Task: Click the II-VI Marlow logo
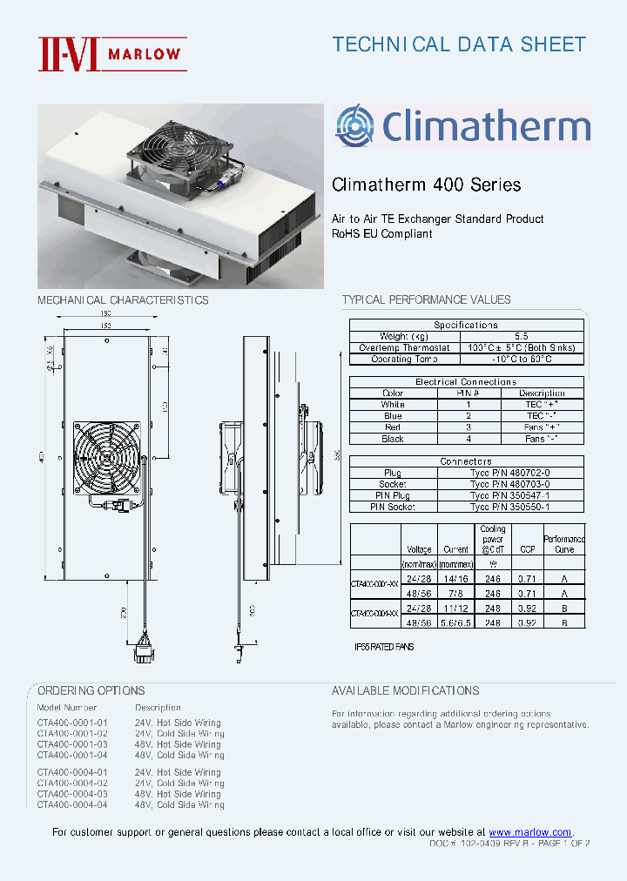111,53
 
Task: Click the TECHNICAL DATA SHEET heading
459,44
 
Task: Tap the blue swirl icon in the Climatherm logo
354,124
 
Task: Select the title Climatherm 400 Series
427,185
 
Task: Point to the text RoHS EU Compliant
382,233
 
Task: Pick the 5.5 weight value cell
521,336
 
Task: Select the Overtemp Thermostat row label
392,347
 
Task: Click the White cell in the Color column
393,405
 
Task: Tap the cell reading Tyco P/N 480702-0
509,473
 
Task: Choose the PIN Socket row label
393,507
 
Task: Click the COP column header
528,550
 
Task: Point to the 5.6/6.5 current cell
456,624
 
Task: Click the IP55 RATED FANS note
384,647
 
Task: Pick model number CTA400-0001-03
73,744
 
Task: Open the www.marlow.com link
529,832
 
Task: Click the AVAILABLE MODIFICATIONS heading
405,690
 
